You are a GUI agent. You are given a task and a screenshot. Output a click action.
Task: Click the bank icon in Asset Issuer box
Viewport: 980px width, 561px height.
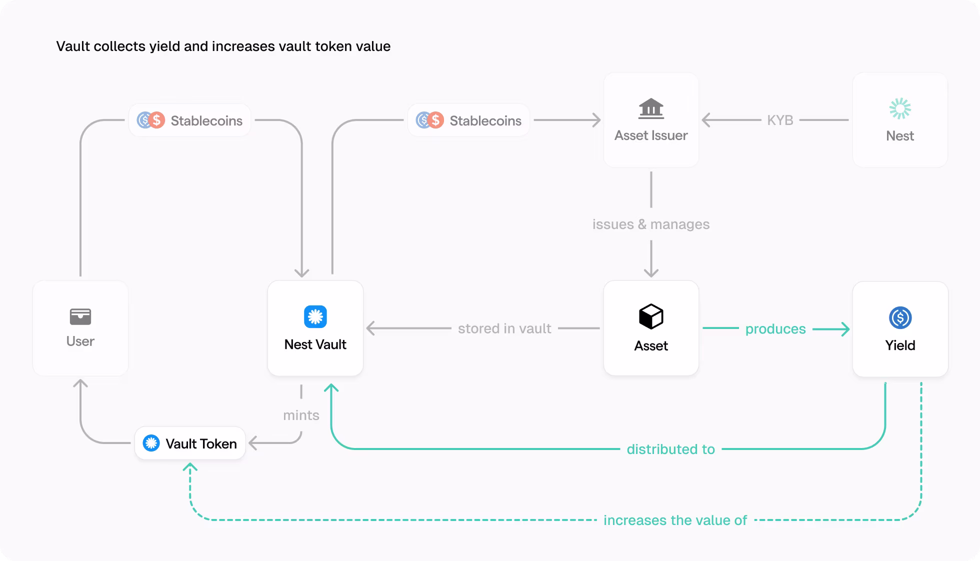click(651, 108)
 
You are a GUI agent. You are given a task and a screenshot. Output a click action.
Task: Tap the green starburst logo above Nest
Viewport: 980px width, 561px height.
click(900, 108)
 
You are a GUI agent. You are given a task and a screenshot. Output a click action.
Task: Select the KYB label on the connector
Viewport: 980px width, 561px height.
click(780, 120)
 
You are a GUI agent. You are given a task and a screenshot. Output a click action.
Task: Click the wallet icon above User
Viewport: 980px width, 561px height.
click(80, 316)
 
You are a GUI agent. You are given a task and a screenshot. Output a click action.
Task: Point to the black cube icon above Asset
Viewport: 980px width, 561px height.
click(651, 316)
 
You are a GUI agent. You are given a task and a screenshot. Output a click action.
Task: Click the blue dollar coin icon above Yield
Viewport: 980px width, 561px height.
click(900, 317)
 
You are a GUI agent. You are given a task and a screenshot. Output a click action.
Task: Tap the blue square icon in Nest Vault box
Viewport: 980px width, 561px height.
click(315, 316)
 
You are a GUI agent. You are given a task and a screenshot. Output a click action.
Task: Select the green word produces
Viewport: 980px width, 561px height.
click(775, 329)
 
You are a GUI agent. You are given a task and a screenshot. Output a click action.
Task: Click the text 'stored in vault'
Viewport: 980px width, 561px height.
click(504, 328)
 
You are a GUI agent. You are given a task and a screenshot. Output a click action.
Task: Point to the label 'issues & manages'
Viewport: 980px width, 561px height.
click(650, 224)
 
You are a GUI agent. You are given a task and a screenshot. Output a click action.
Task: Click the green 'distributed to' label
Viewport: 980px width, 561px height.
click(670, 449)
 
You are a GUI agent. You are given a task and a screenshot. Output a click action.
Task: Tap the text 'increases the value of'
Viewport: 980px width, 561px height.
click(675, 520)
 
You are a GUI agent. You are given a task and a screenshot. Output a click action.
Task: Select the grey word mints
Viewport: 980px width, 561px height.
click(301, 415)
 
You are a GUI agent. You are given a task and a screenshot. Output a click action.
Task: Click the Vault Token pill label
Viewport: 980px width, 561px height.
click(190, 443)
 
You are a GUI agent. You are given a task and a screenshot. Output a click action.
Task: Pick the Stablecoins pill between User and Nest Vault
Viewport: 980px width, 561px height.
click(190, 120)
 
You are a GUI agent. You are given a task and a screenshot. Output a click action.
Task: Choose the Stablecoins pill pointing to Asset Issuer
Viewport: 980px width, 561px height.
click(468, 120)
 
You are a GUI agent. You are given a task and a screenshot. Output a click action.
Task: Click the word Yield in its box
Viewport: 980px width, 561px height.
click(900, 345)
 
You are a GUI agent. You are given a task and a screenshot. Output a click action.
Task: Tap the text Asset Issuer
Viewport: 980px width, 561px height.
click(651, 135)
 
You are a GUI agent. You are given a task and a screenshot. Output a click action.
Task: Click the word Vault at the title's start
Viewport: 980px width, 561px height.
click(73, 46)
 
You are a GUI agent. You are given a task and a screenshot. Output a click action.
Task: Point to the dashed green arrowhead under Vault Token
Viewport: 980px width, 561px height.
click(190, 468)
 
